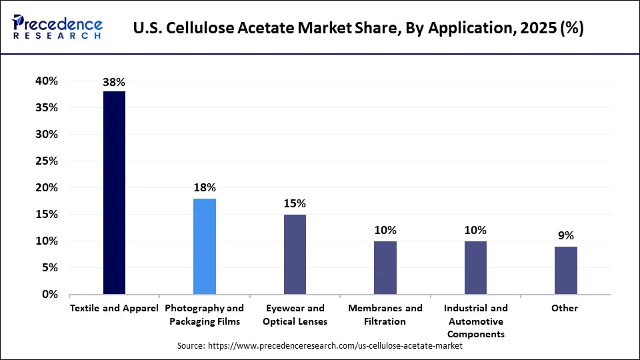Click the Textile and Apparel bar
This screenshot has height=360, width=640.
114,193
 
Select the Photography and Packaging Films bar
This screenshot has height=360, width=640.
205,246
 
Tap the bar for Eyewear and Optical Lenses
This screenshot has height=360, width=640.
295,254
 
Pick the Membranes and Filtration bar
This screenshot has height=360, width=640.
385,267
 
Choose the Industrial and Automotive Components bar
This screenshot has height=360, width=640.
475,267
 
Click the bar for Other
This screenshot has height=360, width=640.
565,270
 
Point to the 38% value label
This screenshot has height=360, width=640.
114,83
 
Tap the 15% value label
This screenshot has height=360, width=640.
295,203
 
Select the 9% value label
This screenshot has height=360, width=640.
565,235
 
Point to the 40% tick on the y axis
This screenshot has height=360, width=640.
47,81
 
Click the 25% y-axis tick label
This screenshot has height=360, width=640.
47,161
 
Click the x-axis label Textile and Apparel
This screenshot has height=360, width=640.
114,308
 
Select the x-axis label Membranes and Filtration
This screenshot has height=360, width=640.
385,315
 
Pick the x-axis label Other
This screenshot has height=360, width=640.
565,308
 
